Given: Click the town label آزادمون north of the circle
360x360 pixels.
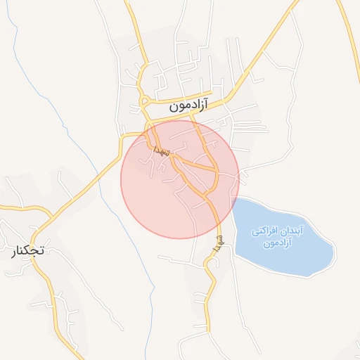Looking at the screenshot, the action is [192, 108].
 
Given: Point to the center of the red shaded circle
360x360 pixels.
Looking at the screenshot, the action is [180, 179].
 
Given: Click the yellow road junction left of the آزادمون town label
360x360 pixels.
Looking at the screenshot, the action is [146, 106].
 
